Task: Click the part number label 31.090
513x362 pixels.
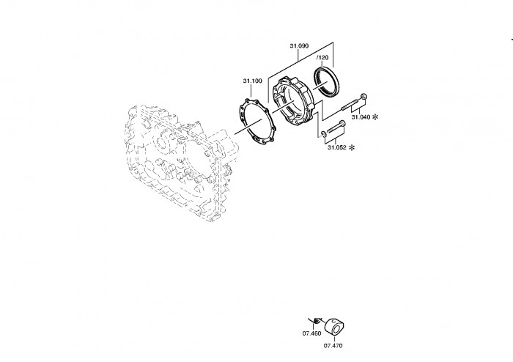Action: (299, 46)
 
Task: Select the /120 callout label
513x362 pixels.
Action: (322, 58)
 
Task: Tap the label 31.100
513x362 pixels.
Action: (252, 81)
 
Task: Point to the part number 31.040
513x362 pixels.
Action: (361, 117)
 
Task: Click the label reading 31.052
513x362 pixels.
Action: (336, 147)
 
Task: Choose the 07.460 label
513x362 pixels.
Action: (311, 333)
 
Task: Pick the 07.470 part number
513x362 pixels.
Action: (333, 346)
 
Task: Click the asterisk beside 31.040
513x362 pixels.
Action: (375, 117)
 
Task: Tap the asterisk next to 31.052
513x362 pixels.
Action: (351, 147)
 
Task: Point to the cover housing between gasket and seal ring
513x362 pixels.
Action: (293, 101)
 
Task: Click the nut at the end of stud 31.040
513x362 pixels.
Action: (363, 96)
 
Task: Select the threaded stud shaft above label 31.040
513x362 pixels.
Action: (351, 103)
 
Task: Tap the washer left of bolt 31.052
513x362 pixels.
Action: (323, 133)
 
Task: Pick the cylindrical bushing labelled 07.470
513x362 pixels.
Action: (334, 326)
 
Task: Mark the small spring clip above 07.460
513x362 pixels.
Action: (316, 320)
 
